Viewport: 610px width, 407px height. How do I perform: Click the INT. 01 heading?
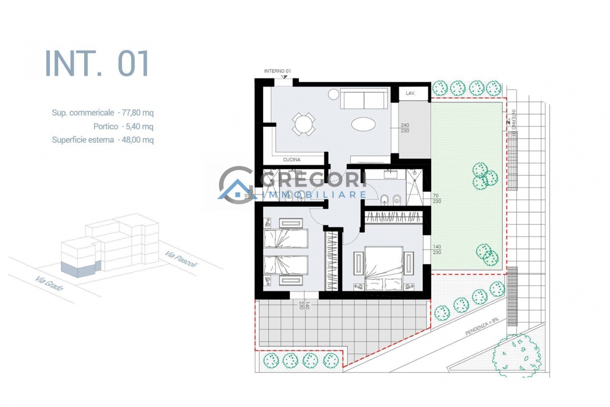(x=97, y=63)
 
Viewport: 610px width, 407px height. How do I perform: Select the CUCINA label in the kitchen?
(x=292, y=160)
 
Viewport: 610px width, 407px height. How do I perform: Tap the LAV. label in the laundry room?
(x=410, y=93)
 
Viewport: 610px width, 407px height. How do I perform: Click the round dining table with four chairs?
(x=304, y=124)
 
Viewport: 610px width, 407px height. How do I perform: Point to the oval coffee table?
(x=363, y=124)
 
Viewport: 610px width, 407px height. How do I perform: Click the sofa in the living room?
(x=364, y=98)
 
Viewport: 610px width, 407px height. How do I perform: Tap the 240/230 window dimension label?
(x=405, y=128)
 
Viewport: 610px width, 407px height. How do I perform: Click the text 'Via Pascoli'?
(x=181, y=259)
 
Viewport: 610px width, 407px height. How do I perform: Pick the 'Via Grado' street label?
(x=49, y=284)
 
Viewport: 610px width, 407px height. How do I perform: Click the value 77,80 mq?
(x=138, y=113)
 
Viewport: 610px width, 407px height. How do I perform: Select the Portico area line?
(x=123, y=127)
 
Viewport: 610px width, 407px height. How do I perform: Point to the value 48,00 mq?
(x=138, y=140)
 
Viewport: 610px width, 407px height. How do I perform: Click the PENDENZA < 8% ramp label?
(x=482, y=326)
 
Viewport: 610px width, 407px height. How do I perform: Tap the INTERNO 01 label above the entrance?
(x=277, y=71)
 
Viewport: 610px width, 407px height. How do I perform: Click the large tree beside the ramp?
(x=516, y=355)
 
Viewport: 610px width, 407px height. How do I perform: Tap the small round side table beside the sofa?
(x=333, y=94)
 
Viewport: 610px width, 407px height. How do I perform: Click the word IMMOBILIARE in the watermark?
(x=313, y=195)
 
